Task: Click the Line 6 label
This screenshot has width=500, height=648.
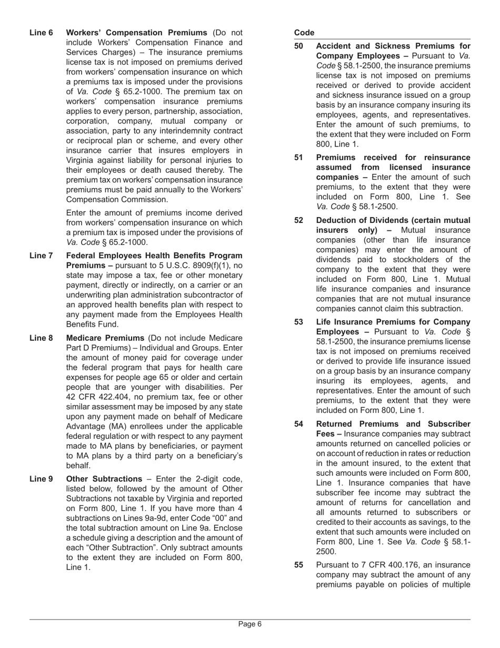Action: point(41,33)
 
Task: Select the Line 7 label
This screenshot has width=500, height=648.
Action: point(41,256)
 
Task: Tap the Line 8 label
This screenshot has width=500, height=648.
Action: point(41,338)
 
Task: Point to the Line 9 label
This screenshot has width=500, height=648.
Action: point(41,479)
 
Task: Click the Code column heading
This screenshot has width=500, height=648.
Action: point(304,33)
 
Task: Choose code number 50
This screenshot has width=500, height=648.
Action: point(298,46)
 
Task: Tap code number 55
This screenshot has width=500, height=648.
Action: point(298,565)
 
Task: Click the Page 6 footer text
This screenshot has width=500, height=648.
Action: point(250,624)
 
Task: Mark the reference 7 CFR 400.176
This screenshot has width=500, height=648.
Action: point(381,565)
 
